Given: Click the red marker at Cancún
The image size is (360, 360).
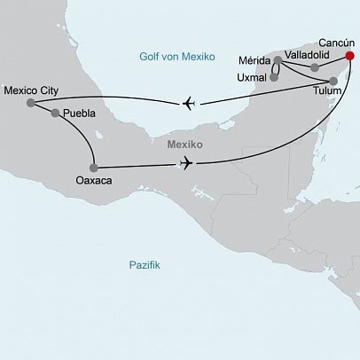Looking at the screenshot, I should click(349, 56).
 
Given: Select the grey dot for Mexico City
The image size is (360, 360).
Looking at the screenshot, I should click(31, 103).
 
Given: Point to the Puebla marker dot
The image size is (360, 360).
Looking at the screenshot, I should click(56, 113).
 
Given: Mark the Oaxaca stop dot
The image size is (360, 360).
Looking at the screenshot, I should click(94, 167).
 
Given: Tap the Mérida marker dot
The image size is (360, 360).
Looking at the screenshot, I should click(278, 61).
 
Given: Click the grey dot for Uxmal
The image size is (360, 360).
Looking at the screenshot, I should click(274, 77).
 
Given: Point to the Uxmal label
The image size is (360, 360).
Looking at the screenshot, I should click(253, 77).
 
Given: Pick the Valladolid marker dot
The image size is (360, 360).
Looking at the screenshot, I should click(314, 67).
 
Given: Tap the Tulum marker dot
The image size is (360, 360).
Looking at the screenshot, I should click(321, 81).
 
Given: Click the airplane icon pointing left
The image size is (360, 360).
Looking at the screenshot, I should click(188, 104).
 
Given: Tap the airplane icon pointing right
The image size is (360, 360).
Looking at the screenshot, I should click(185, 162).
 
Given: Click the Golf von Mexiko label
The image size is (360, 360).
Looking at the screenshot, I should click(177, 57).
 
